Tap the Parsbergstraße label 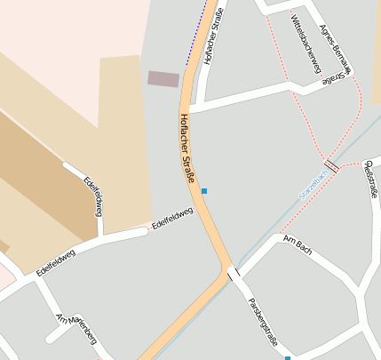tap(264, 313)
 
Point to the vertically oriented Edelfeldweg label tap(93, 196)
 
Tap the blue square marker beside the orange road tap(204, 191)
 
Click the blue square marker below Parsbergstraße tap(288, 358)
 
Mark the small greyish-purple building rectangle tap(163, 78)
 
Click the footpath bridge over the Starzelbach tap(331, 165)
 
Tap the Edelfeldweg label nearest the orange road tap(172, 218)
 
